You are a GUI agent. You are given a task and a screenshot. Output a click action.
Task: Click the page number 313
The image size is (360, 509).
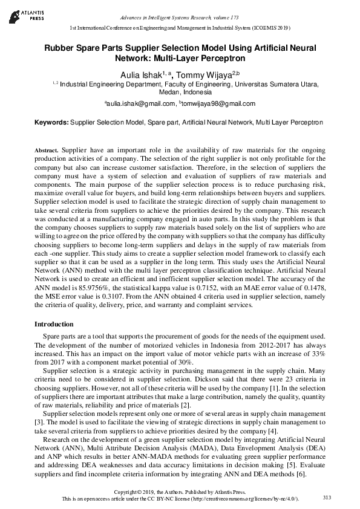tap(327, 497)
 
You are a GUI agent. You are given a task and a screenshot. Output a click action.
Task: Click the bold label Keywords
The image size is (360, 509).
tap(51, 122)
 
